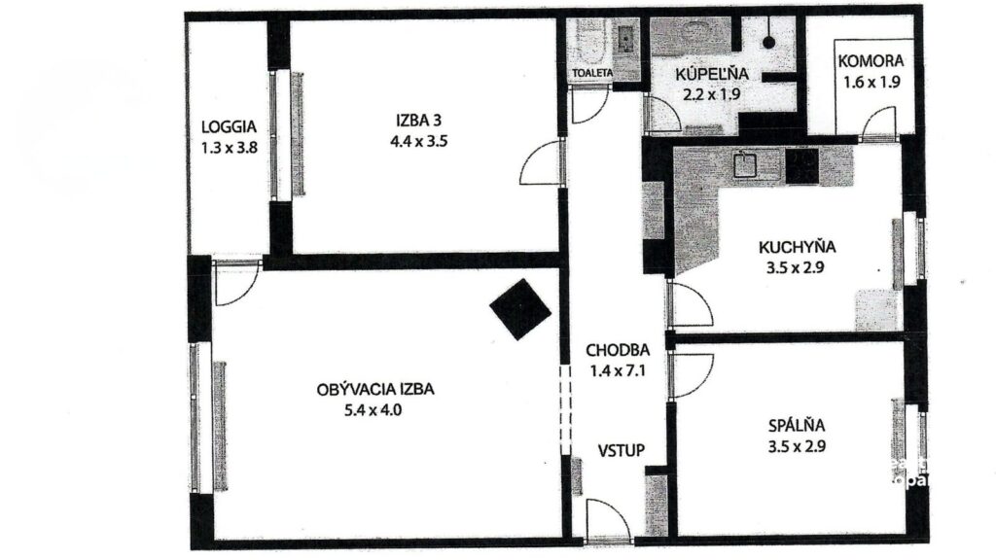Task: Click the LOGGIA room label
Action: click(229, 126)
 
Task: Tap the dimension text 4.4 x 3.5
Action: click(418, 141)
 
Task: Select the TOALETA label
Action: click(592, 73)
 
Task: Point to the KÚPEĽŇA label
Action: click(711, 74)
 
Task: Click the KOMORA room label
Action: click(871, 61)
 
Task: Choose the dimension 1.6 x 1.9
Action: click(871, 82)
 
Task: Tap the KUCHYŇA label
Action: click(798, 246)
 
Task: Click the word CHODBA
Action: click(618, 350)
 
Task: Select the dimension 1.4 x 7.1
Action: click(618, 370)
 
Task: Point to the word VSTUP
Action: click(622, 451)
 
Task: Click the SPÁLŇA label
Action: click(797, 425)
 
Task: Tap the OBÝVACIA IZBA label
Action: click(375, 389)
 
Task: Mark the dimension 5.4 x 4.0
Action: click(373, 410)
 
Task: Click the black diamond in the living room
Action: click(520, 309)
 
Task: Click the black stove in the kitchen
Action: click(802, 166)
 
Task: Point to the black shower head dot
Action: click(768, 43)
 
